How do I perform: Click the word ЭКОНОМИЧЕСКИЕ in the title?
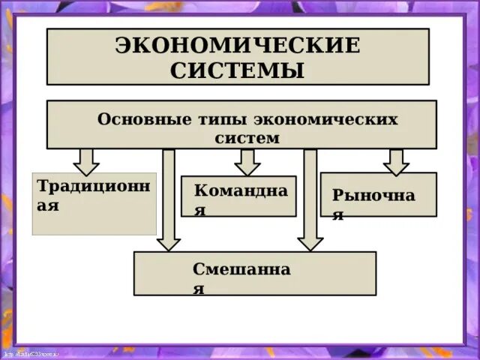point(238,45)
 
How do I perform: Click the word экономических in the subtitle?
point(325,120)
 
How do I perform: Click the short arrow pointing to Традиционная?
point(87,160)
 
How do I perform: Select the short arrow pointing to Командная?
point(247,160)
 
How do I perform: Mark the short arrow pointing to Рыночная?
point(395,160)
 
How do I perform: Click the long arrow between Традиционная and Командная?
point(169,199)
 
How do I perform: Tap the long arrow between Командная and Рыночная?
point(309,199)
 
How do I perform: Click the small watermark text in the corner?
point(31,352)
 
